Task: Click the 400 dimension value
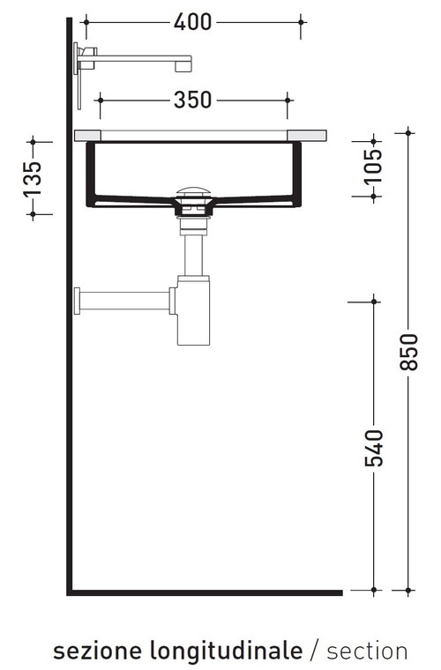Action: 192,22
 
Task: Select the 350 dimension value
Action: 192,100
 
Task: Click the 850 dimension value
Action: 407,353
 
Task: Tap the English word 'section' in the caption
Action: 367,651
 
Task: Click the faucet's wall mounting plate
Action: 78,75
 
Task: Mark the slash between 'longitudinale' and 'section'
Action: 315,651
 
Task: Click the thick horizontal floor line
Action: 203,592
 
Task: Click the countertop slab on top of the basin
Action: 201,135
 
